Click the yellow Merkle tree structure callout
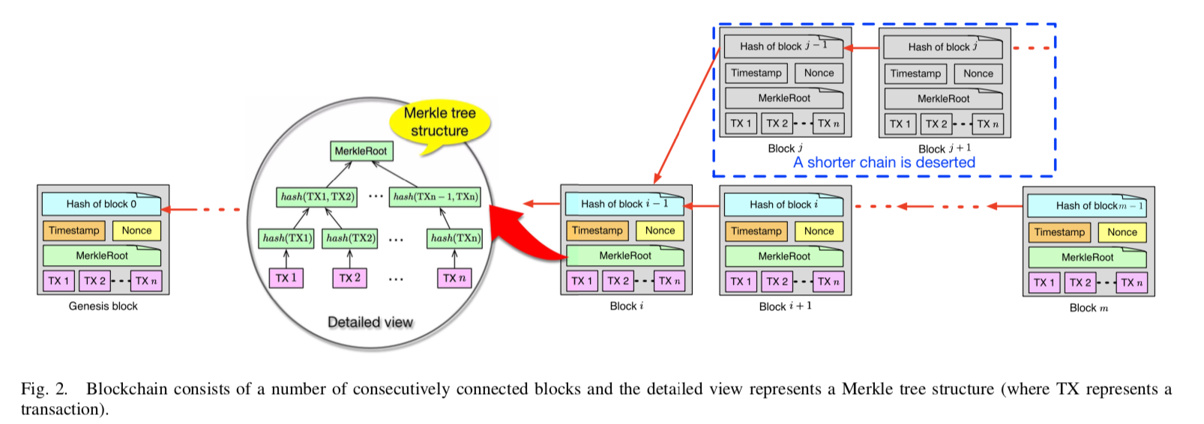[439, 122]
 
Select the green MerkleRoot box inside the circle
[361, 151]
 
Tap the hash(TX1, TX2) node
[317, 197]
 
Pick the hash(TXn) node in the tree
[455, 238]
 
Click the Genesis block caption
[103, 306]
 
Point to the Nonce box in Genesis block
[136, 231]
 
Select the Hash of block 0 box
[101, 204]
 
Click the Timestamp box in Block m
[1059, 232]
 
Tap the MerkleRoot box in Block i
[625, 255]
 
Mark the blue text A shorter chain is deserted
[884, 163]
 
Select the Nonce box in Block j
[819, 73]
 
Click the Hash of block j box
[942, 47]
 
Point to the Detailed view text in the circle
[370, 322]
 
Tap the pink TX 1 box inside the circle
[286, 278]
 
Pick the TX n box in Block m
[1131, 282]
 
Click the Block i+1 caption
[785, 306]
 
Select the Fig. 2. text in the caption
[44, 389]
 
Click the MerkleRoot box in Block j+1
[943, 99]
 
